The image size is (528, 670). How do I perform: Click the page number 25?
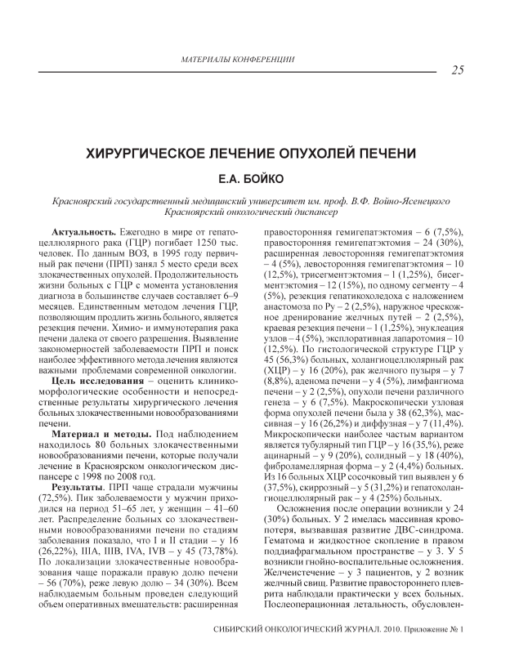point(458,69)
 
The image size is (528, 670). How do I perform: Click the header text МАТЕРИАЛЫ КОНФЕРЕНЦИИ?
point(236,60)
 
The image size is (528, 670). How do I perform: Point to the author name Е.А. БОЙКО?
point(263,176)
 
